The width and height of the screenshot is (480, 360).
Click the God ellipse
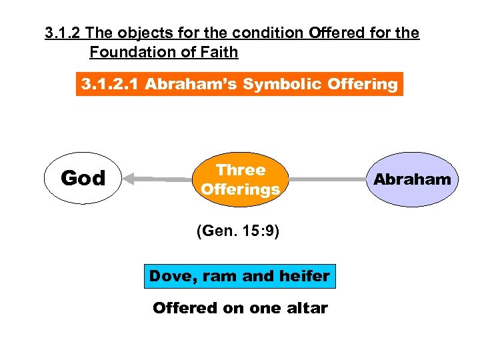click(x=83, y=178)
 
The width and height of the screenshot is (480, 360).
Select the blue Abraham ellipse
click(x=412, y=179)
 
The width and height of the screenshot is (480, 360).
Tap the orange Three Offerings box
click(x=240, y=179)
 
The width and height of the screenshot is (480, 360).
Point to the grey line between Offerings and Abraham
click(x=327, y=179)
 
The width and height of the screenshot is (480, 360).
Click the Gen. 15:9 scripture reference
click(x=238, y=232)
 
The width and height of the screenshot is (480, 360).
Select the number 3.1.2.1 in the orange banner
click(x=109, y=85)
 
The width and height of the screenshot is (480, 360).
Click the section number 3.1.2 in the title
click(x=63, y=33)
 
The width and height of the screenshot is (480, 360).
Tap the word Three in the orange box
click(x=240, y=170)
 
